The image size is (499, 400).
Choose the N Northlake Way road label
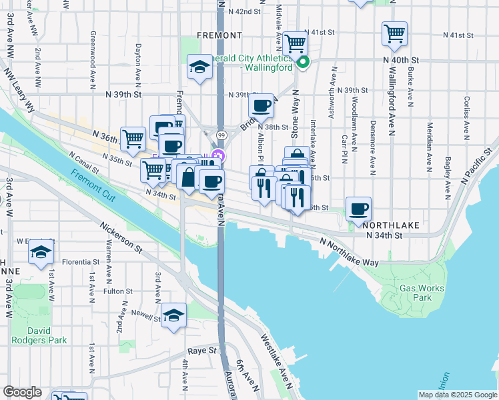pos(349,253)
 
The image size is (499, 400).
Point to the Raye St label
pos(203,350)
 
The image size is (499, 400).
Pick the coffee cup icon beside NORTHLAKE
pos(359,209)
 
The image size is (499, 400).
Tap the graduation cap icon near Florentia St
pos(41,252)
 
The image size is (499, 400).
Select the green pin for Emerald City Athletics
pos(303,64)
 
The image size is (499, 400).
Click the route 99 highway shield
pos(219,135)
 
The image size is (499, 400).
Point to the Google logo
pos(22,392)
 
